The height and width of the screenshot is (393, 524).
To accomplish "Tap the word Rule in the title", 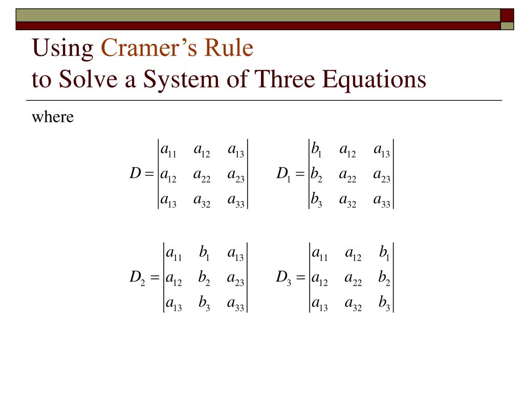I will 230,49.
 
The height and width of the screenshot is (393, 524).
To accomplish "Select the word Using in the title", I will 63,49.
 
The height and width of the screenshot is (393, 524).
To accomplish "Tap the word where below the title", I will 53,117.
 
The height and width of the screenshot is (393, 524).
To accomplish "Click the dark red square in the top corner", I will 507,15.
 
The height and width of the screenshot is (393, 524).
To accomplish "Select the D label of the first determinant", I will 135,174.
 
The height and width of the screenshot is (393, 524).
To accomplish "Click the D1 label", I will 283,174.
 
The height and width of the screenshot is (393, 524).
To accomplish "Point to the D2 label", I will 138,278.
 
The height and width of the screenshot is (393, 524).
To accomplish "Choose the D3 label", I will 283,278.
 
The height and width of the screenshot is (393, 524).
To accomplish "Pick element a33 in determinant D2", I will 236,305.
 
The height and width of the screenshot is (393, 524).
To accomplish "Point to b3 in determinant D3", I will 384,305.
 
